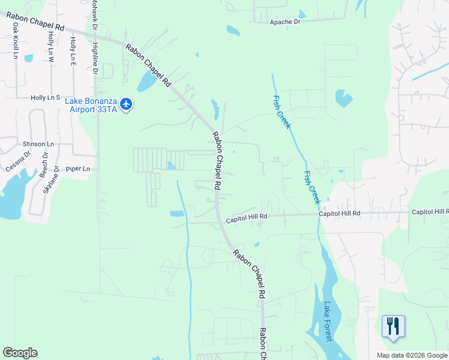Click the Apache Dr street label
pos(285,22)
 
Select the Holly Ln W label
pos(51,47)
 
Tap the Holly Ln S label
pos(46,97)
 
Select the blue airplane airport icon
pos(126,104)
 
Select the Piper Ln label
pos(78,169)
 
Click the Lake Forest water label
pos(328,321)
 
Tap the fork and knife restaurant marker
pos(393,326)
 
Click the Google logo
pos(20,353)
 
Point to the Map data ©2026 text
pos(411,355)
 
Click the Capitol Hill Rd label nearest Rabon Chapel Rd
pos(246,221)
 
